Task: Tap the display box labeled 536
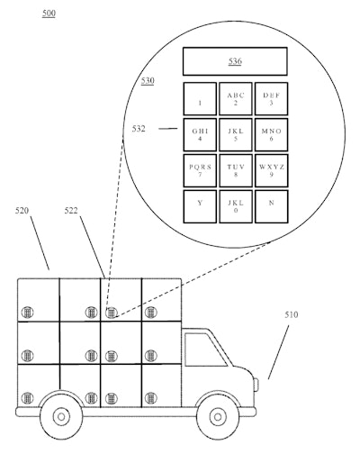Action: pyautogui.click(x=234, y=61)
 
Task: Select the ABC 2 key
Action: pyautogui.click(x=236, y=98)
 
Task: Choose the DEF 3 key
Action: pyautogui.click(x=271, y=98)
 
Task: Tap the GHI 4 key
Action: pyautogui.click(x=200, y=134)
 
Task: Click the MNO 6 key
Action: pyautogui.click(x=271, y=134)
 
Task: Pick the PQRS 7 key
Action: pyautogui.click(x=200, y=170)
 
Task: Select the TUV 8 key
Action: pyautogui.click(x=236, y=170)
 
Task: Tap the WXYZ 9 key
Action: pyautogui.click(x=271, y=170)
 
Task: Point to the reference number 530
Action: pyautogui.click(x=147, y=81)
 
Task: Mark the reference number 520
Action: pyautogui.click(x=24, y=211)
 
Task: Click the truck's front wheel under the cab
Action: pyautogui.click(x=216, y=415)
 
